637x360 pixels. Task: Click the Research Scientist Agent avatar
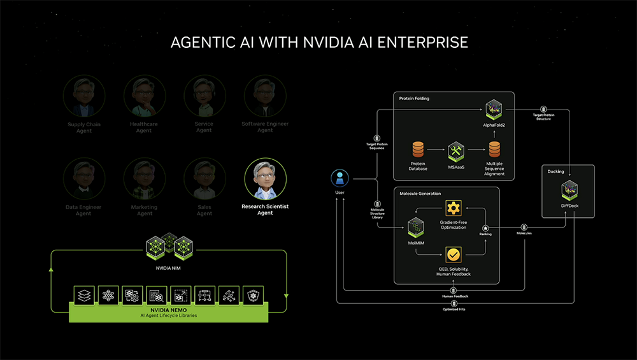point(265,180)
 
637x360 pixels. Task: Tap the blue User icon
point(340,179)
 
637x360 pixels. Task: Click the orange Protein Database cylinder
point(418,150)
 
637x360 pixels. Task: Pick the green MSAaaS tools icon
point(456,151)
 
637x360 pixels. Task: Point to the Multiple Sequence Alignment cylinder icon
point(495,150)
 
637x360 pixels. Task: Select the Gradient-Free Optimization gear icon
point(453,208)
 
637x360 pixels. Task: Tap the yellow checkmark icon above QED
point(453,255)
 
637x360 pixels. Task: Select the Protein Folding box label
point(414,99)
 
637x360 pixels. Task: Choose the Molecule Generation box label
point(420,193)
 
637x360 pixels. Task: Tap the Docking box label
point(555,171)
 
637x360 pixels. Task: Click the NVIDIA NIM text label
point(169,268)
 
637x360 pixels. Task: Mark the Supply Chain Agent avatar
point(83,96)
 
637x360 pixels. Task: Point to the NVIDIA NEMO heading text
point(169,308)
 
